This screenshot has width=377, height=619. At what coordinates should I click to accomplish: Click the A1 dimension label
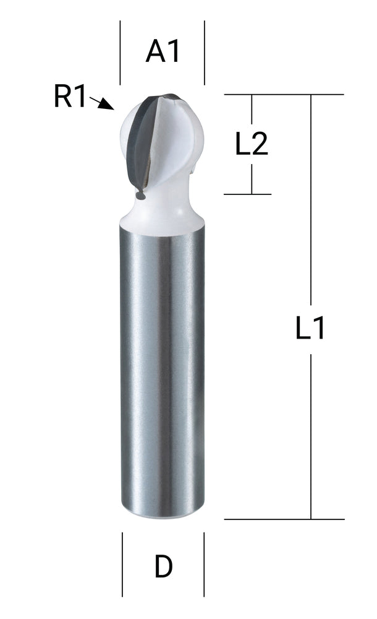click(163, 52)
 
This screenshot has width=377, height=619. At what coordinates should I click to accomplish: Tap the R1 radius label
click(70, 98)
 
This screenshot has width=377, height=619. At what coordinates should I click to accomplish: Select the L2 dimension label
click(251, 145)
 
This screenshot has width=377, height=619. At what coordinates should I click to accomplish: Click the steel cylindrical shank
click(163, 371)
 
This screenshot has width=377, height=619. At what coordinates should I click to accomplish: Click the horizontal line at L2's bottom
click(247, 194)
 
